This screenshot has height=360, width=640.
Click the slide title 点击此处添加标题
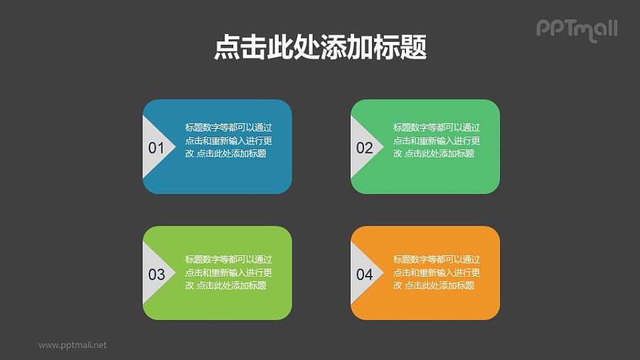click(x=320, y=48)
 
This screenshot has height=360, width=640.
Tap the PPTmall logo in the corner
click(x=576, y=29)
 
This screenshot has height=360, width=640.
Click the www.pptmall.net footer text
click(x=73, y=345)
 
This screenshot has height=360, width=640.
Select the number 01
click(x=156, y=148)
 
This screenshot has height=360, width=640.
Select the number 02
click(x=364, y=148)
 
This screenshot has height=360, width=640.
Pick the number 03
click(x=156, y=275)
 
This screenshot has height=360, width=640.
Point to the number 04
click(x=364, y=275)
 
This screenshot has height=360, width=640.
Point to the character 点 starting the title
click(x=227, y=48)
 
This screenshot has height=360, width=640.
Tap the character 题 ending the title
click(x=413, y=48)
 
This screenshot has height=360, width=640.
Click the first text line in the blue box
click(x=228, y=127)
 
